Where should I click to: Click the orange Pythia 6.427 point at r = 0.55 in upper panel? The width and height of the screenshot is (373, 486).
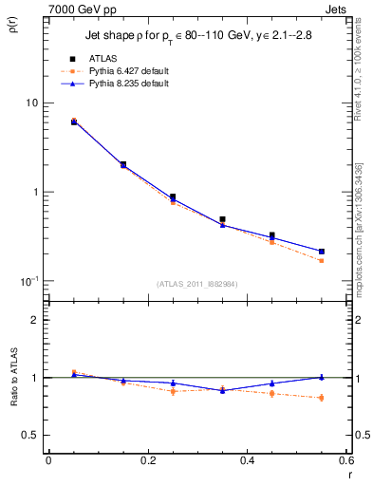322,260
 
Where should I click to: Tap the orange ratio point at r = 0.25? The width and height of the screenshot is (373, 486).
173,391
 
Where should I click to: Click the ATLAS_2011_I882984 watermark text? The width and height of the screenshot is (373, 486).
196,283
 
